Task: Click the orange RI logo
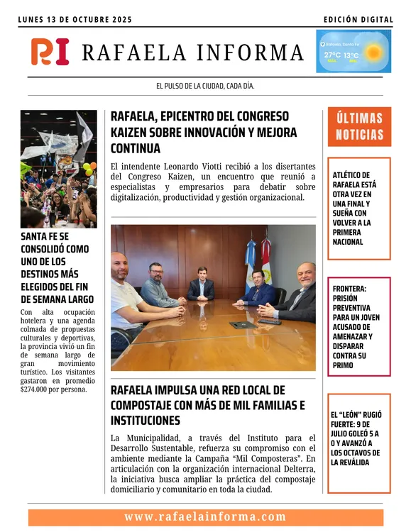[50, 52]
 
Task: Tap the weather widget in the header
[353, 51]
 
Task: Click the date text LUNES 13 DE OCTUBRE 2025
[75, 20]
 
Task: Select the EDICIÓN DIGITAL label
[358, 20]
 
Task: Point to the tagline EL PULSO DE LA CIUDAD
[205, 86]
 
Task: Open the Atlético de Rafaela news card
[359, 209]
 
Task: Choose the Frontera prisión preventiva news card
[359, 327]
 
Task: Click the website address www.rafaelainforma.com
[205, 517]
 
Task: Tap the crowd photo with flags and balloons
[58, 168]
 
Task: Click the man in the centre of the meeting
[201, 285]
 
